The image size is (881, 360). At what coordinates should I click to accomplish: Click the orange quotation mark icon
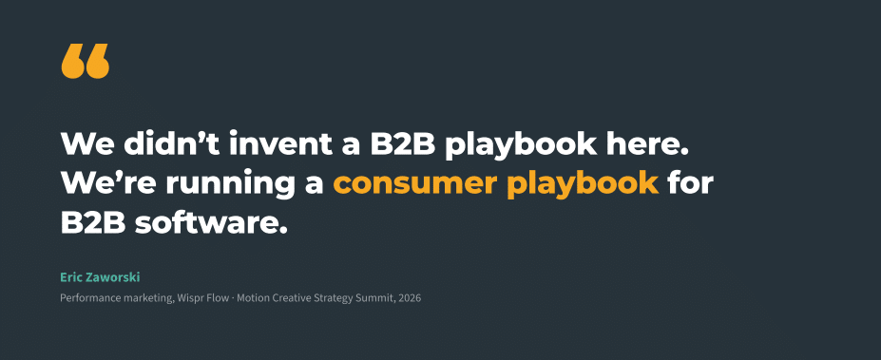point(86,61)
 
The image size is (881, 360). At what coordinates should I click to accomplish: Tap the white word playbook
point(521,145)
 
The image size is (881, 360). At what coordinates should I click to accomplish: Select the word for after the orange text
point(691,183)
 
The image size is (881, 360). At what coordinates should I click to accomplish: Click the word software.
point(211,223)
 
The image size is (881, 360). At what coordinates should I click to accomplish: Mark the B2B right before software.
point(93,223)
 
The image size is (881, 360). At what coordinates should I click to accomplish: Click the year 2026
point(410,298)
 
